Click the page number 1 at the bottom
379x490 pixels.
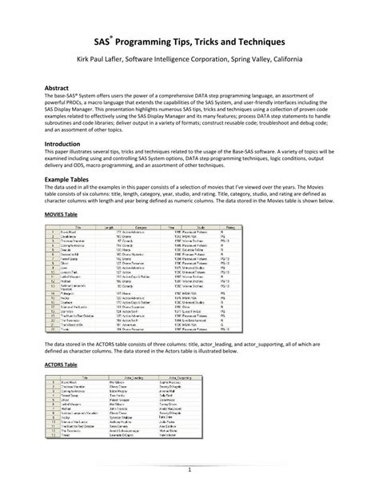coord(189,470)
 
